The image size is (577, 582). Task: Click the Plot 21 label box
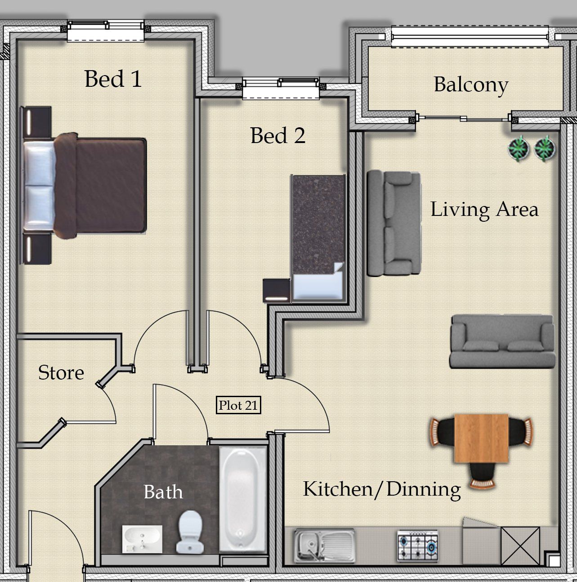(x=238, y=405)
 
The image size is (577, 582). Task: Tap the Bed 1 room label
(x=113, y=79)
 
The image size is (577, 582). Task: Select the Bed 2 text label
(x=278, y=135)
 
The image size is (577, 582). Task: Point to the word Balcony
(x=471, y=85)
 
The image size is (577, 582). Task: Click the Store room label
(x=61, y=372)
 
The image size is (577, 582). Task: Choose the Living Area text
(x=484, y=209)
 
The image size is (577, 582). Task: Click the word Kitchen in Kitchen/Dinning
(x=338, y=488)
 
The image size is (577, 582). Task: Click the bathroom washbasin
(x=142, y=538)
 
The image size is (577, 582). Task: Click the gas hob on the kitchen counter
(x=417, y=546)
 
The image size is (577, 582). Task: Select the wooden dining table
(x=481, y=438)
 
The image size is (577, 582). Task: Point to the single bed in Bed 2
(x=318, y=237)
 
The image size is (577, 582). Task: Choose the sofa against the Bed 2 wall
(x=394, y=223)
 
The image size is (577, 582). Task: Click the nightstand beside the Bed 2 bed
(x=277, y=291)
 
